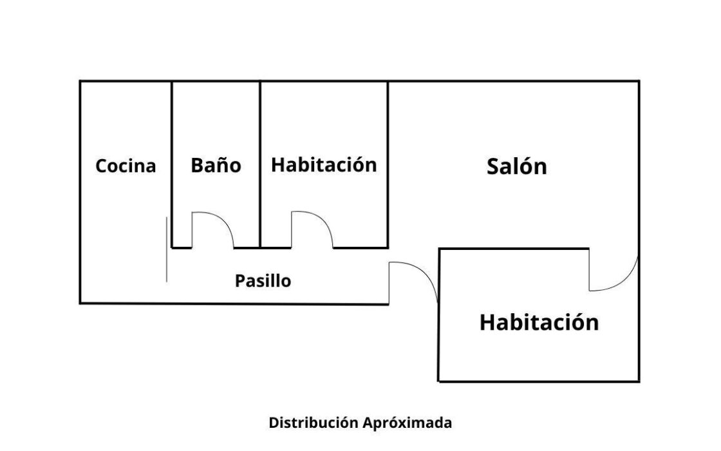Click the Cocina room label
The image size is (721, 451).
(126, 166)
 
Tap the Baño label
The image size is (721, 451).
(216, 166)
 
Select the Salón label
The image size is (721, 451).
(516, 167)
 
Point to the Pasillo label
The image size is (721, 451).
(263, 282)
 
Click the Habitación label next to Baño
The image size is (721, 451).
(324, 164)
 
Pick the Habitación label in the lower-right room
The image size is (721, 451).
(539, 322)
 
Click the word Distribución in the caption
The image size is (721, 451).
(304, 423)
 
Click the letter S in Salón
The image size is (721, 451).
(494, 167)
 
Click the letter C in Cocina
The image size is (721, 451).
(101, 166)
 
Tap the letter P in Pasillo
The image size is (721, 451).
(239, 282)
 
